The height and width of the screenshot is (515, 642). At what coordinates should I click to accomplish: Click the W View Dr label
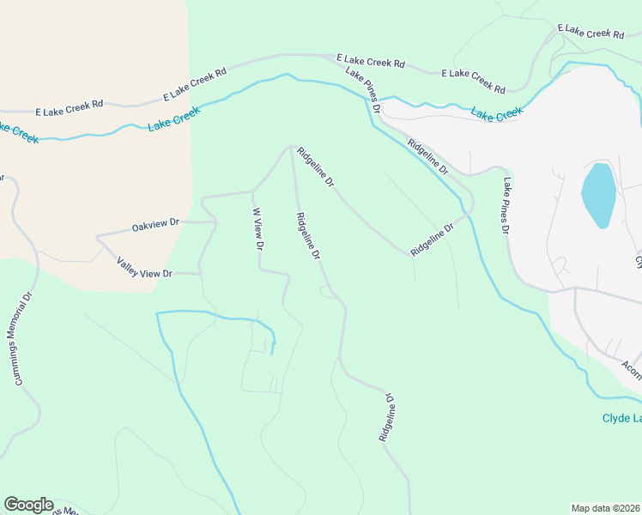[257, 229]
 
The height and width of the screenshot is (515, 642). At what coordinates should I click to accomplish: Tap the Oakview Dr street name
[155, 227]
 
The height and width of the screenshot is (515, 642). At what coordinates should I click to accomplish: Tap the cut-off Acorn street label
[632, 367]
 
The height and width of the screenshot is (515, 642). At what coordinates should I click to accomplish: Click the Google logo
[28, 505]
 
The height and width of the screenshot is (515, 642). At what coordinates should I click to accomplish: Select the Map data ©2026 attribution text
[606, 508]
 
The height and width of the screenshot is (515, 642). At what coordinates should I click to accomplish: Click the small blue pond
[598, 194]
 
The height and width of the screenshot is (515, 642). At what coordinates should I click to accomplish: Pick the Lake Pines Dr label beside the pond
[507, 207]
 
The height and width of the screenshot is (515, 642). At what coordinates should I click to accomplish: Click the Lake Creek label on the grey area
[496, 114]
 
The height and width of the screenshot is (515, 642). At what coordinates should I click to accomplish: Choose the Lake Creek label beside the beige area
[173, 118]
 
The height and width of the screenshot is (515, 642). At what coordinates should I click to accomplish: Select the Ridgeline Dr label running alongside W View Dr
[307, 237]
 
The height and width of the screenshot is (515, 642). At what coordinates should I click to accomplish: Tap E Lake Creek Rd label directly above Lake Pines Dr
[370, 63]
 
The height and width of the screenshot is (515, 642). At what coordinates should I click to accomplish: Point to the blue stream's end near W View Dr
[272, 353]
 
